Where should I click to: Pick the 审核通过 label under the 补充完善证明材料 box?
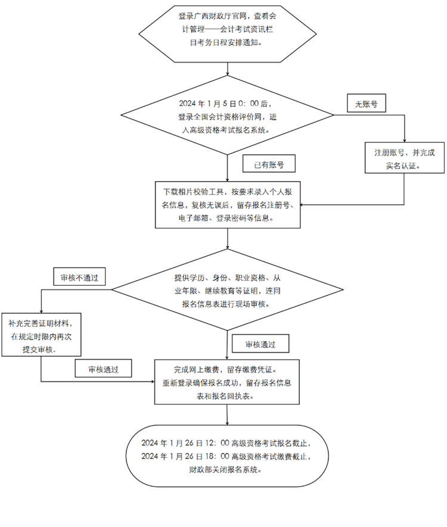pyautogui.click(x=103, y=369)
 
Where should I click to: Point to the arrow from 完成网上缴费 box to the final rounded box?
pyautogui.click(x=228, y=414)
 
